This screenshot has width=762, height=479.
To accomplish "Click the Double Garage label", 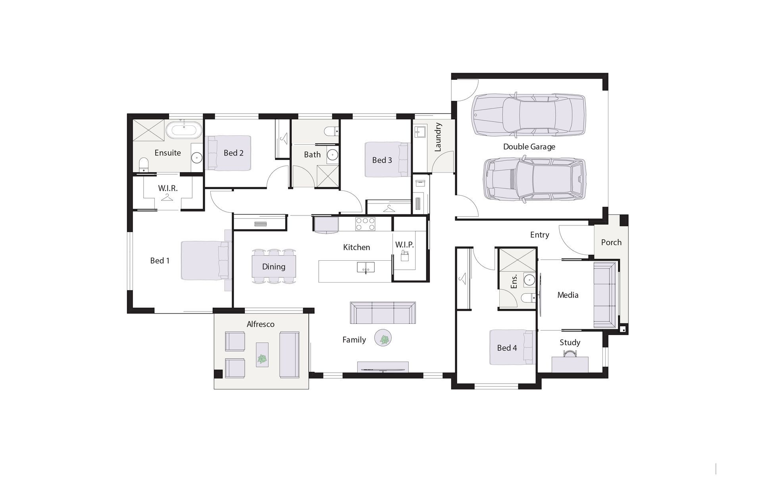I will (x=529, y=147).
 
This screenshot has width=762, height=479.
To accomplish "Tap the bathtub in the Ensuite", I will (x=184, y=130).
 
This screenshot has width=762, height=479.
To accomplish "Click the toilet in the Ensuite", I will (x=143, y=165).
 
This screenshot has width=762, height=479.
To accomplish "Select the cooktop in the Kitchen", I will (x=365, y=224).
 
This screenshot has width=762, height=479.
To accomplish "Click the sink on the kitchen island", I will (x=366, y=267).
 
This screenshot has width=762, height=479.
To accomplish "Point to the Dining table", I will (x=273, y=267).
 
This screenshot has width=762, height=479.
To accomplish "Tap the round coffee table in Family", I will (x=383, y=339).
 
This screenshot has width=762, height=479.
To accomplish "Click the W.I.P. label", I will (x=404, y=245).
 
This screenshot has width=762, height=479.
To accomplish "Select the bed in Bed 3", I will (x=387, y=160).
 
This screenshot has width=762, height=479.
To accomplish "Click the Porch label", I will (x=611, y=242).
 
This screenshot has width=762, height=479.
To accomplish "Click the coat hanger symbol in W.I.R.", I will (x=167, y=197).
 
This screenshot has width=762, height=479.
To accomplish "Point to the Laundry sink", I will (x=420, y=132).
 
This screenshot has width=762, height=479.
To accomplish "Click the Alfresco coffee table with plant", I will (x=262, y=355).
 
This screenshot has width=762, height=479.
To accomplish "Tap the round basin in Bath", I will (x=333, y=154).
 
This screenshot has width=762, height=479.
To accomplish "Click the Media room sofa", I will (x=605, y=295).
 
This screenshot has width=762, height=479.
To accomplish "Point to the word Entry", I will (x=539, y=235).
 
